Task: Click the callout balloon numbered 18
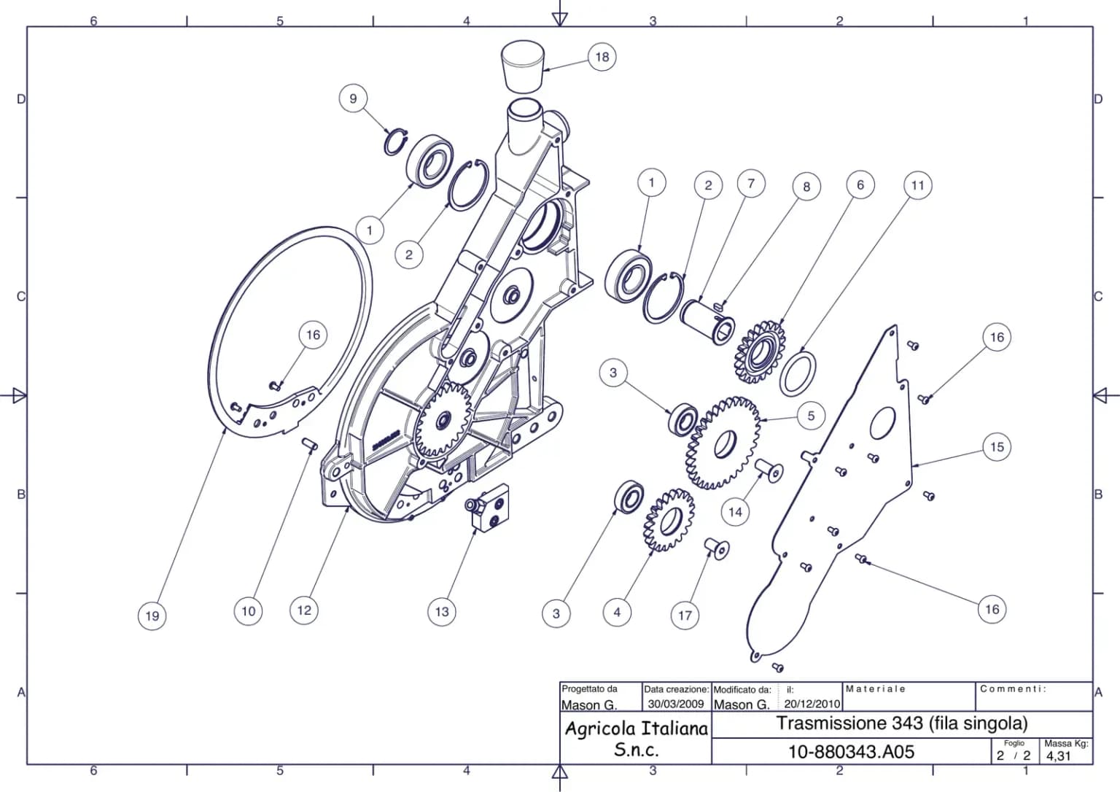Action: pos(602,57)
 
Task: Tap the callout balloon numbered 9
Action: pos(353,98)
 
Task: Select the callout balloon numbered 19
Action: pos(152,616)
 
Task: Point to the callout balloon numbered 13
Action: pos(442,611)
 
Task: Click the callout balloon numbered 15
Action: pos(997,447)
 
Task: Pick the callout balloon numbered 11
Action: pos(917,185)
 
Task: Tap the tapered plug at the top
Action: pos(523,66)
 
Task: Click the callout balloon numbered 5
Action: pos(811,416)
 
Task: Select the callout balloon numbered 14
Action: pos(736,512)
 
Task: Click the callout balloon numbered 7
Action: pos(750,184)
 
